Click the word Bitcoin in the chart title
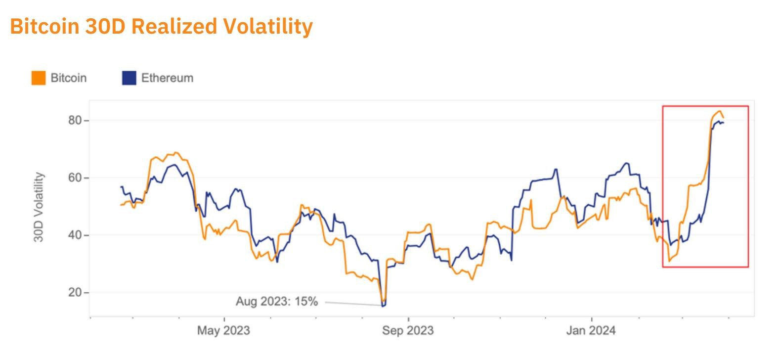click(44, 26)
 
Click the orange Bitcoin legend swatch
click(38, 78)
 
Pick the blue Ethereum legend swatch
click(129, 78)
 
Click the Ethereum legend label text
click(167, 78)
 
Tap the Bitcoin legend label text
click(68, 78)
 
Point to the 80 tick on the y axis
click(75, 121)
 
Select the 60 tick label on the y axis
click(75, 178)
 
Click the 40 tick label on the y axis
click(75, 235)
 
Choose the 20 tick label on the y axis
click(75, 293)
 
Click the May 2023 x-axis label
click(223, 330)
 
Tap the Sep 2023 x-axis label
click(408, 330)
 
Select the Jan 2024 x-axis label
click(591, 330)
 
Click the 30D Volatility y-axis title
click(39, 207)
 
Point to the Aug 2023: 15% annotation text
click(276, 301)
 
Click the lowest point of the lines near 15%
click(384, 306)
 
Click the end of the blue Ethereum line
click(724, 123)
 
